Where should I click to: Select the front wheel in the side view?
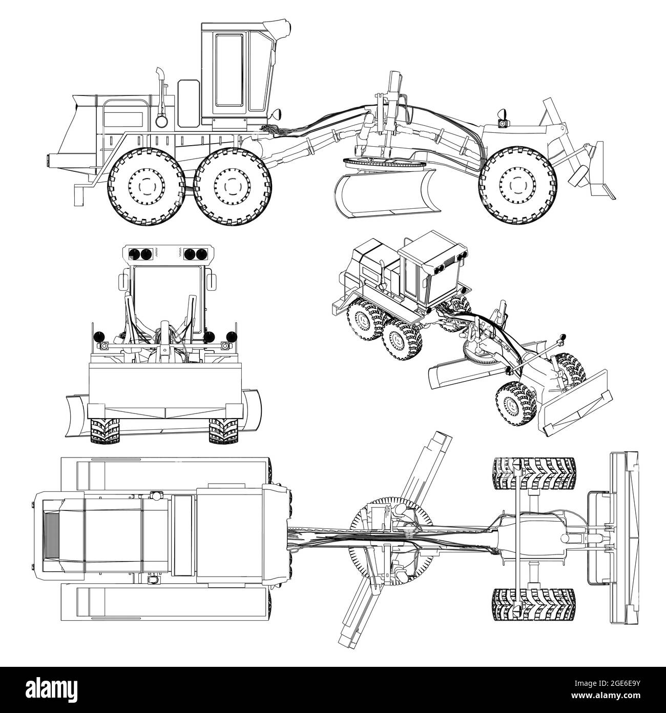pyautogui.click(x=518, y=184)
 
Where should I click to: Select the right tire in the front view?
pyautogui.click(x=224, y=430)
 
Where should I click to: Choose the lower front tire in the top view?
pyautogui.click(x=533, y=604)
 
